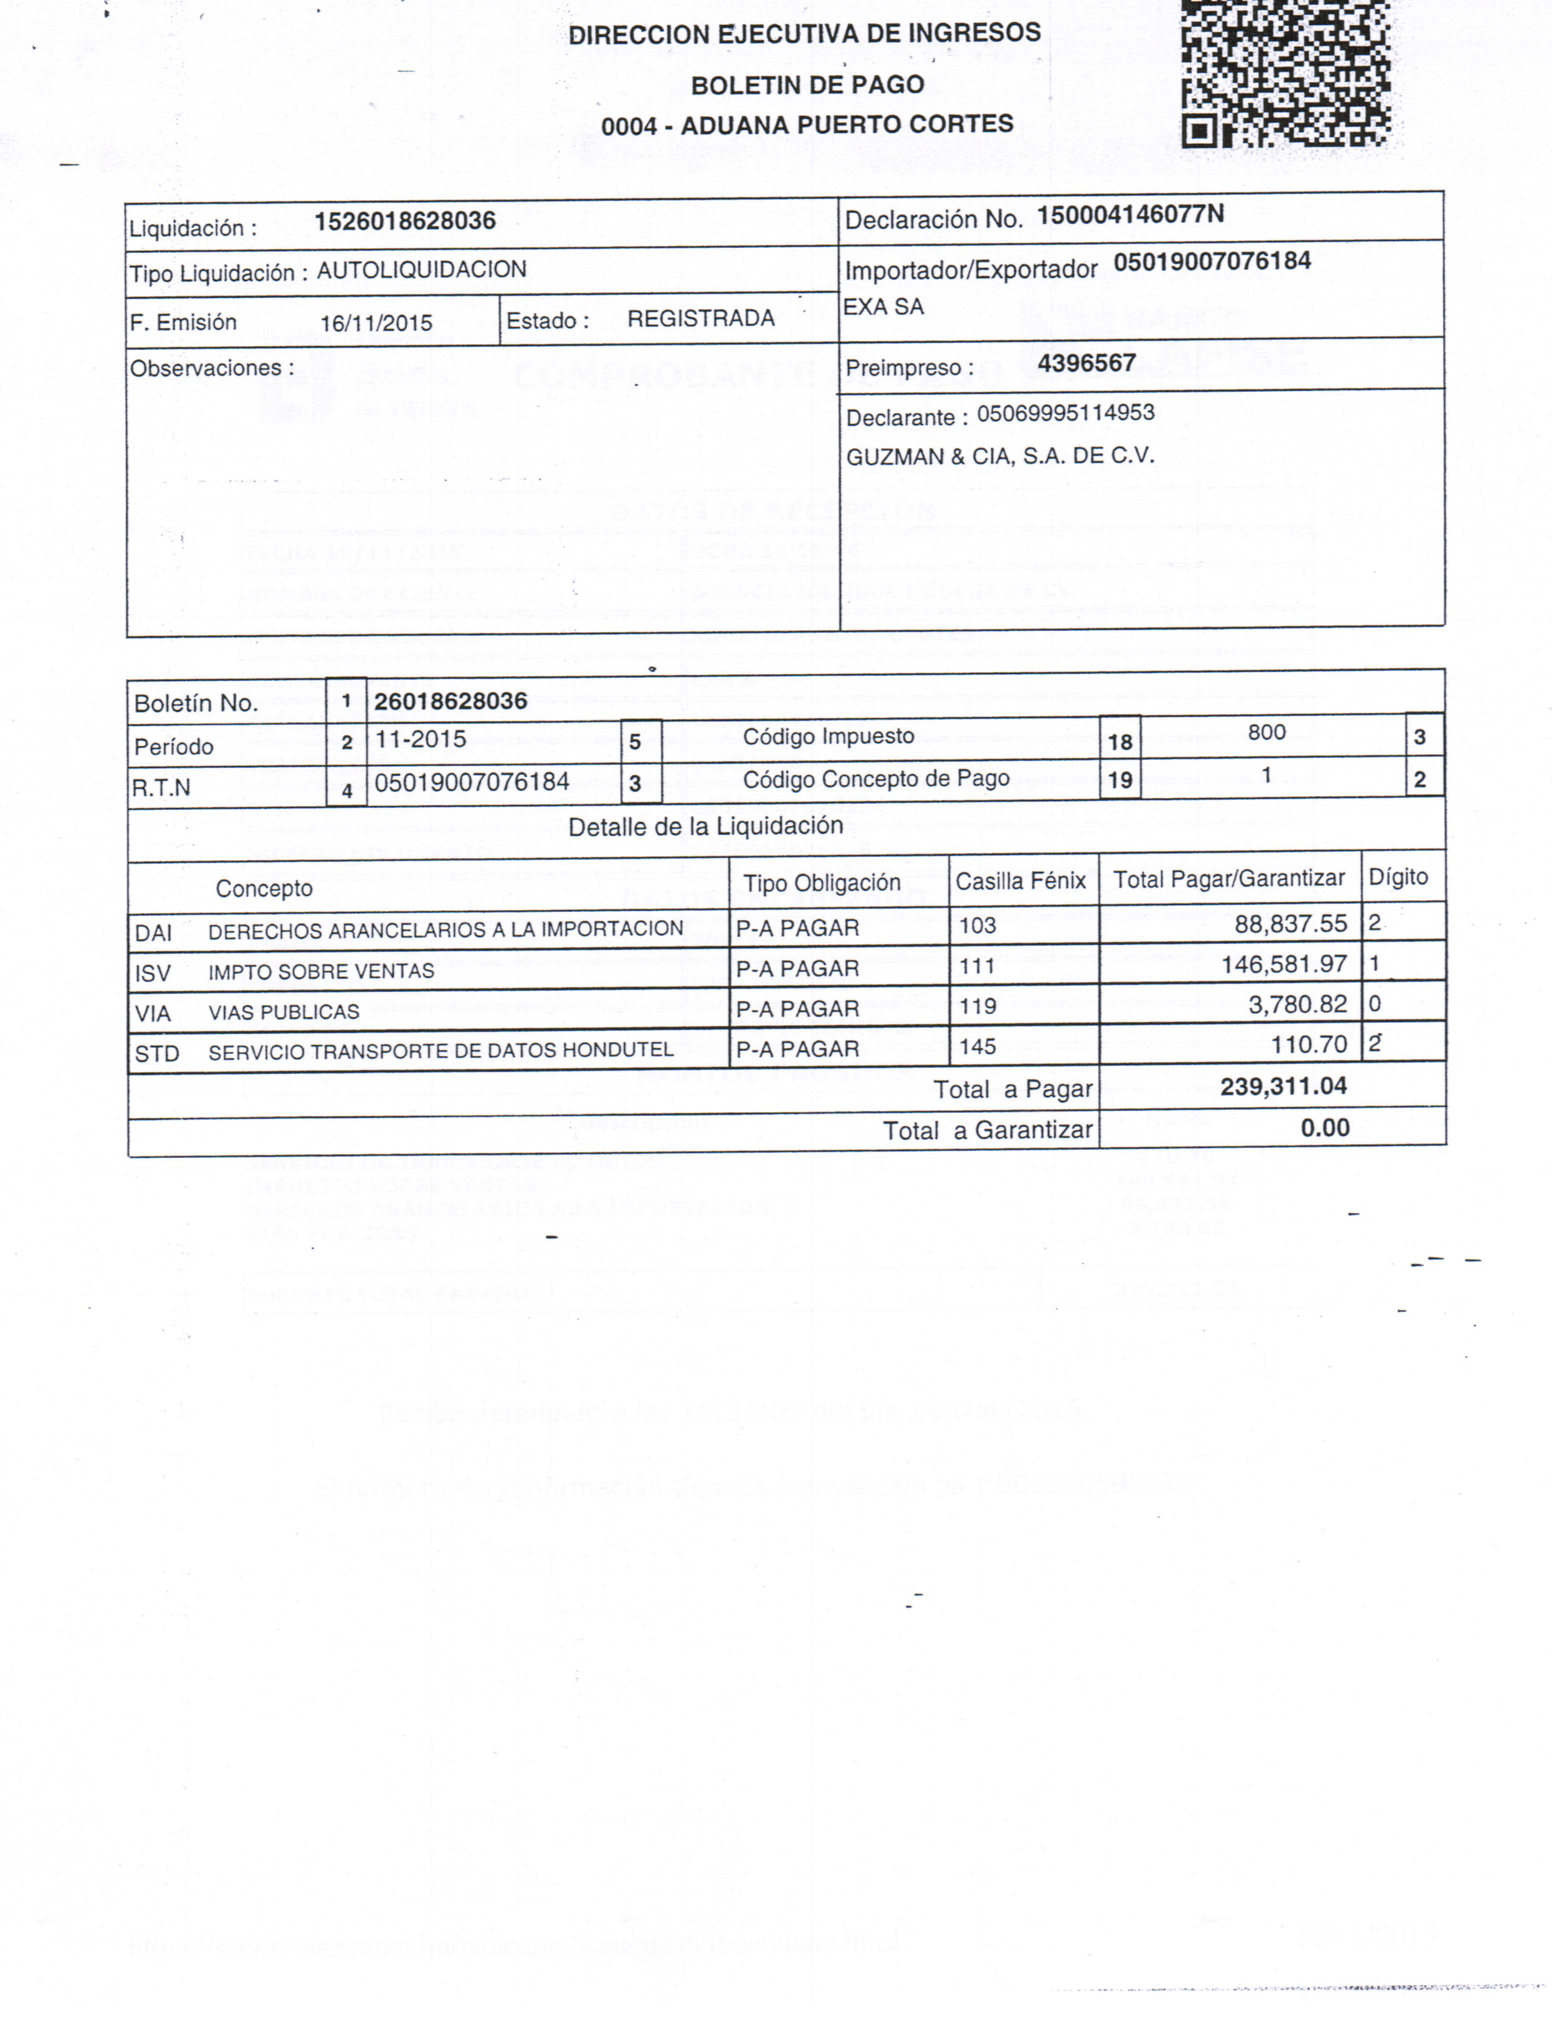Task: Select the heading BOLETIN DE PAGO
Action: coord(807,85)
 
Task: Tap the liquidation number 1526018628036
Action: coord(405,222)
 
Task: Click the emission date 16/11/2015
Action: coord(376,324)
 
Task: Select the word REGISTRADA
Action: coord(700,319)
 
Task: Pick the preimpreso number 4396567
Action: coord(1086,363)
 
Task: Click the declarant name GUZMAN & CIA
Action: coord(999,456)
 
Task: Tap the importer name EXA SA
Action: coord(883,307)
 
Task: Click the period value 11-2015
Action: coord(421,739)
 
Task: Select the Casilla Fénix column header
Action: coord(1020,881)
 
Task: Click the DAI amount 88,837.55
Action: coord(1290,924)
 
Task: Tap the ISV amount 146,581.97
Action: coord(1283,964)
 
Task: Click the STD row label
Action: coord(156,1053)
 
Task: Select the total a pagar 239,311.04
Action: coord(1282,1087)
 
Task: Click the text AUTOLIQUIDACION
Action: coord(421,270)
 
